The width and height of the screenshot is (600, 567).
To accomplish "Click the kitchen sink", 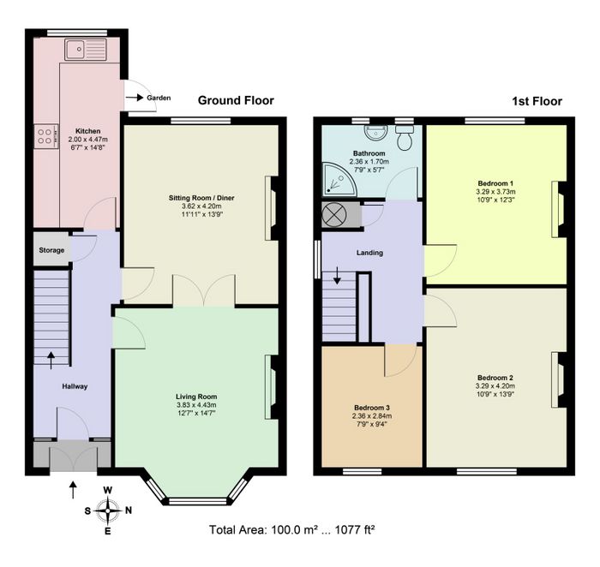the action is pos(86,50).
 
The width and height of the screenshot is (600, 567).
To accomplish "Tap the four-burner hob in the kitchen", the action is pos(46,136).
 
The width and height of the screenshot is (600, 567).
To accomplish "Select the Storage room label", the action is pos(51,250).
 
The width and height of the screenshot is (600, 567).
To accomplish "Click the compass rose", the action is pos(108,510).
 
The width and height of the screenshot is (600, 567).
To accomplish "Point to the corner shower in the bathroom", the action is pos(339,180).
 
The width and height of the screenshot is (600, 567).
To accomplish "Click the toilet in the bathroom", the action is pos(404,137).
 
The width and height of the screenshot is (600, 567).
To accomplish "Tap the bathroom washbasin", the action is pos(375,132).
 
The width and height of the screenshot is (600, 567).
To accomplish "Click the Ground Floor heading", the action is pos(236,100).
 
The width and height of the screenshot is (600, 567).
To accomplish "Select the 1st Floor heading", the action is pos(537,101).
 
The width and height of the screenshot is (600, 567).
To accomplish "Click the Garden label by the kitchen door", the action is pos(159,98).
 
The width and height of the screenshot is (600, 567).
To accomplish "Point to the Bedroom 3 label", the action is pos(371,408).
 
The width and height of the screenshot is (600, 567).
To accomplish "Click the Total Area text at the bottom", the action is pos(291,530).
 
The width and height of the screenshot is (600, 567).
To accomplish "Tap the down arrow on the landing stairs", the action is pos(337,276).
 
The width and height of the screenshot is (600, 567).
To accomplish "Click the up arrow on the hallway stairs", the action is pos(51,361).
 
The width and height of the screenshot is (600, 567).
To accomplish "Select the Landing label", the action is pos(369,253).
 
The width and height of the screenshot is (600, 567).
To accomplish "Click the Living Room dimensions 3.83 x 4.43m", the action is pos(196,405).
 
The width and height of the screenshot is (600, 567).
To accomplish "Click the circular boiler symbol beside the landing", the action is pos(334,215).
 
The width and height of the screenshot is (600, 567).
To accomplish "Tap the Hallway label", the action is pos(75,386).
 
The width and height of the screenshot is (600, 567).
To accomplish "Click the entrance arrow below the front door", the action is pos(73,490).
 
